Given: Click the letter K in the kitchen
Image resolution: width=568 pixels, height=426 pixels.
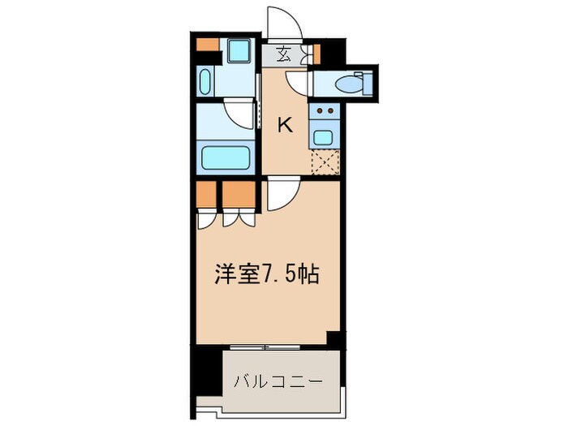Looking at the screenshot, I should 285,124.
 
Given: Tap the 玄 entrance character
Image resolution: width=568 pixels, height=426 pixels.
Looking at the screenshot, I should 284,55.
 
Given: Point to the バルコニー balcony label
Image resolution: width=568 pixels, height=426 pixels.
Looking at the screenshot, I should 278,380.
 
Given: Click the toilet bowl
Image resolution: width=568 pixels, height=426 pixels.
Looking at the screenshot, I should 350,83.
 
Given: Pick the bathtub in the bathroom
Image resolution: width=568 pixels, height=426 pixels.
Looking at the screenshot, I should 227,157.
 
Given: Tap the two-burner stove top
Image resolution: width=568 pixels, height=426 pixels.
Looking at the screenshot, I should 325,110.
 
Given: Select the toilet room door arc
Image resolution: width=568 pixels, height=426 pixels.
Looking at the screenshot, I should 298,83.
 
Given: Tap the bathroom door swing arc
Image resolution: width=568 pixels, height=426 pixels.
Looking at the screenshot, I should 239,111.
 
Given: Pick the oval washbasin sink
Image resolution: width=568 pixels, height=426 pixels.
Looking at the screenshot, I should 204,82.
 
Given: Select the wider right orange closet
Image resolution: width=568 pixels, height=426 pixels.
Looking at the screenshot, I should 238,194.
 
